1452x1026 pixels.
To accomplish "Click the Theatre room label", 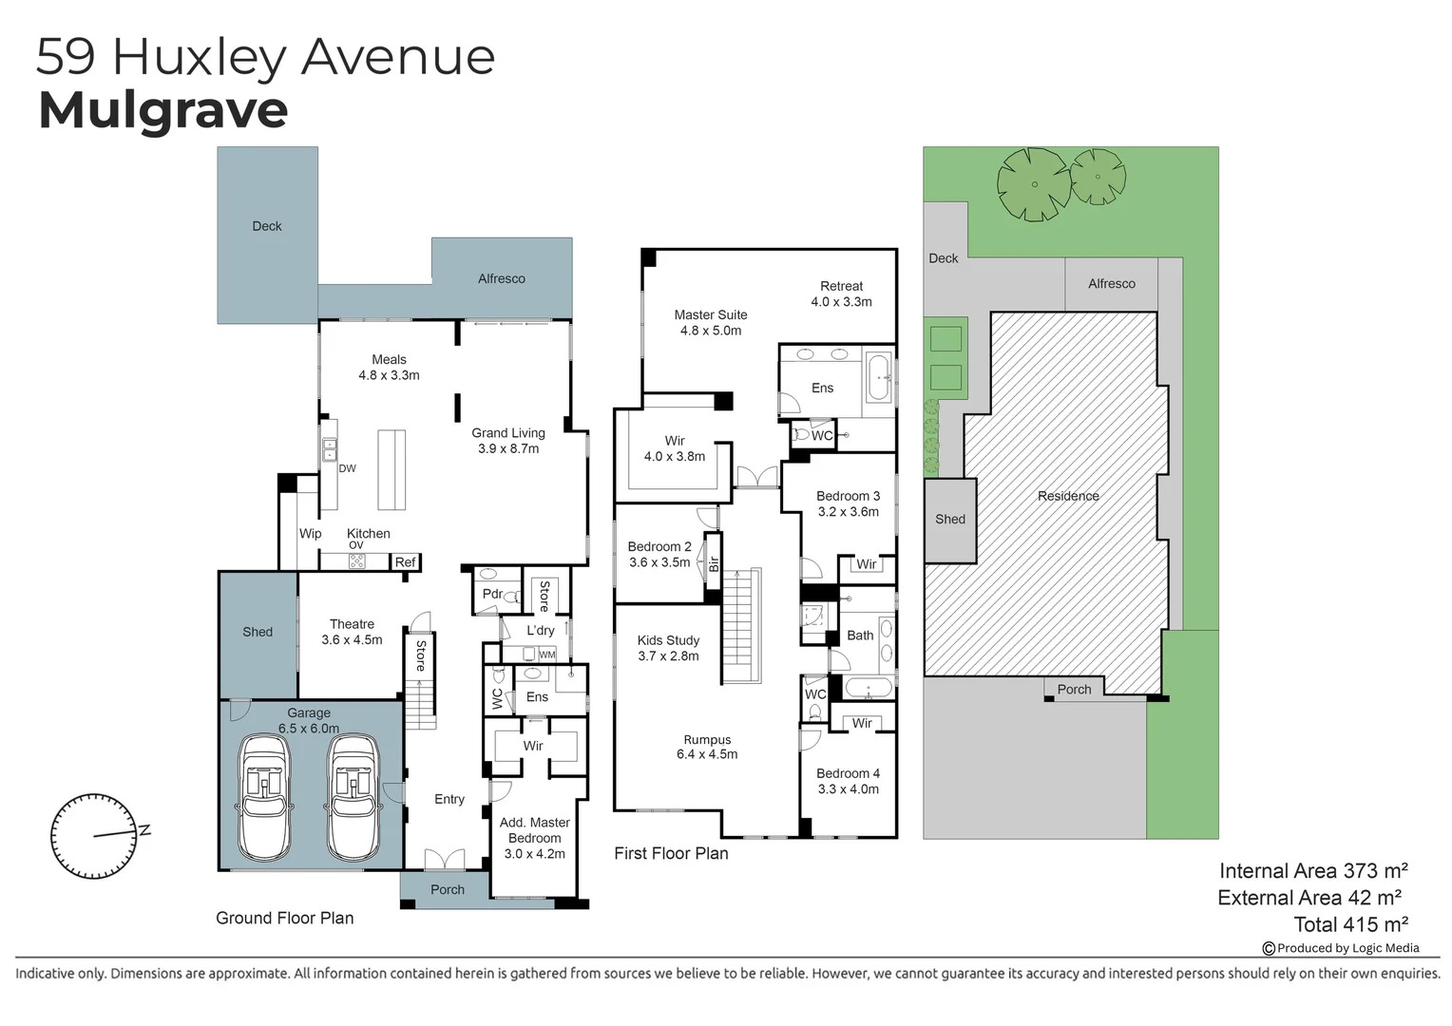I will pyautogui.click(x=352, y=624).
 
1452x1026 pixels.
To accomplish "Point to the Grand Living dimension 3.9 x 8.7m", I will pyautogui.click(x=508, y=448).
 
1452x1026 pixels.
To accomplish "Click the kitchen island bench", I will pyautogui.click(x=392, y=470).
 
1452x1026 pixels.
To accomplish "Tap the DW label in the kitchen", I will pyautogui.click(x=348, y=468).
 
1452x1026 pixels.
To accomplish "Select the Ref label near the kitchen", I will pyautogui.click(x=405, y=562).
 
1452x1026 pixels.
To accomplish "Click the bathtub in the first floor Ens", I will pyautogui.click(x=879, y=378).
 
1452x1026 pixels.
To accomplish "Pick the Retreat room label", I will pyautogui.click(x=841, y=286).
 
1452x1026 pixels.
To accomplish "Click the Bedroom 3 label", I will pyautogui.click(x=848, y=496).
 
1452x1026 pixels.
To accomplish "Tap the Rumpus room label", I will pyautogui.click(x=707, y=740).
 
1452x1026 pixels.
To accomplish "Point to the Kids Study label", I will pyautogui.click(x=668, y=640).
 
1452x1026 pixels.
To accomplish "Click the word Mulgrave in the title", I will pyautogui.click(x=162, y=110).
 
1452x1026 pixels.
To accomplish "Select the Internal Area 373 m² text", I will pyautogui.click(x=1312, y=870).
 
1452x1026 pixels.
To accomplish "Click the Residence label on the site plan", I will pyautogui.click(x=1068, y=496).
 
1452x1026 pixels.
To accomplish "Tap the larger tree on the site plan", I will pyautogui.click(x=1033, y=184).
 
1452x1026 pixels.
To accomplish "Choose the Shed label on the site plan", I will pyautogui.click(x=949, y=519).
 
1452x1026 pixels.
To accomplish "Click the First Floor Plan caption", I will pyautogui.click(x=671, y=853).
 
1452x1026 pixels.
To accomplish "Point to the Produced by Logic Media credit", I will pyautogui.click(x=1347, y=947).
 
